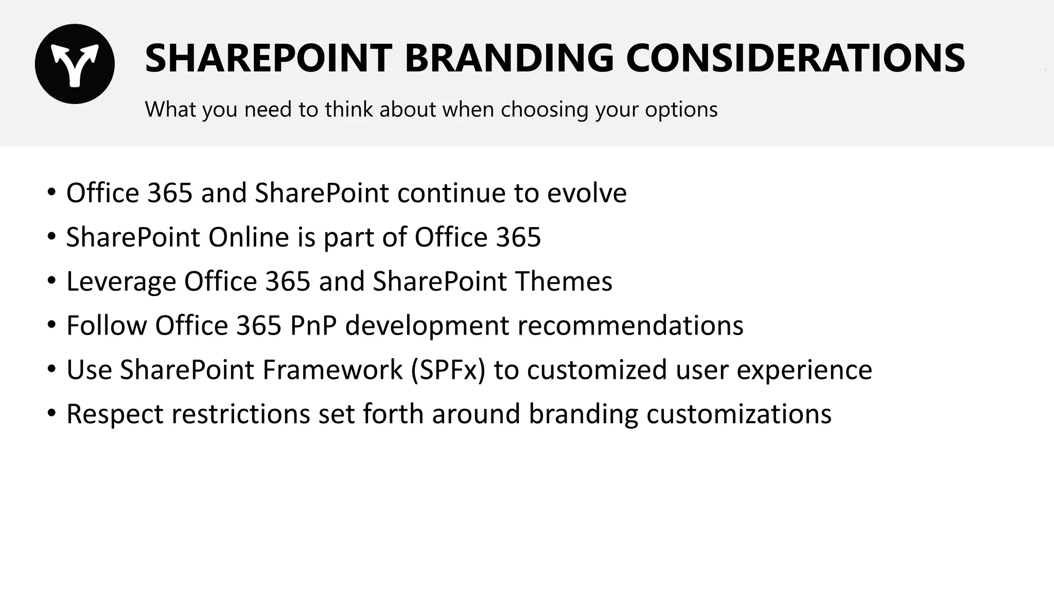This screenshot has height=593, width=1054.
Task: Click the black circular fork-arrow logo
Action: click(x=75, y=64)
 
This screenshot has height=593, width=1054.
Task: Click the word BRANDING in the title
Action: click(x=509, y=58)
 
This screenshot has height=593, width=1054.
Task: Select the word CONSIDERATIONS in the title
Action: click(x=795, y=58)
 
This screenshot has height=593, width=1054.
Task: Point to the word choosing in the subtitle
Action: click(x=544, y=110)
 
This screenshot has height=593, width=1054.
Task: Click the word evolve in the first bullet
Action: click(x=587, y=193)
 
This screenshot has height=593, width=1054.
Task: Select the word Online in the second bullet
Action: click(x=249, y=237)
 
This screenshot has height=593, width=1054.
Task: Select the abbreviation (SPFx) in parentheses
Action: click(x=448, y=370)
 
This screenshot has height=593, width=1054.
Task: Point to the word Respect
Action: click(x=115, y=414)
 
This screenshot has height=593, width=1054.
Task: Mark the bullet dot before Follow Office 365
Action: click(x=51, y=325)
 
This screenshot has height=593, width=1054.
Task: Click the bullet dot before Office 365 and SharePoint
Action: click(x=51, y=193)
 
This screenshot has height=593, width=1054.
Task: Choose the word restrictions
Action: click(x=240, y=414)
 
